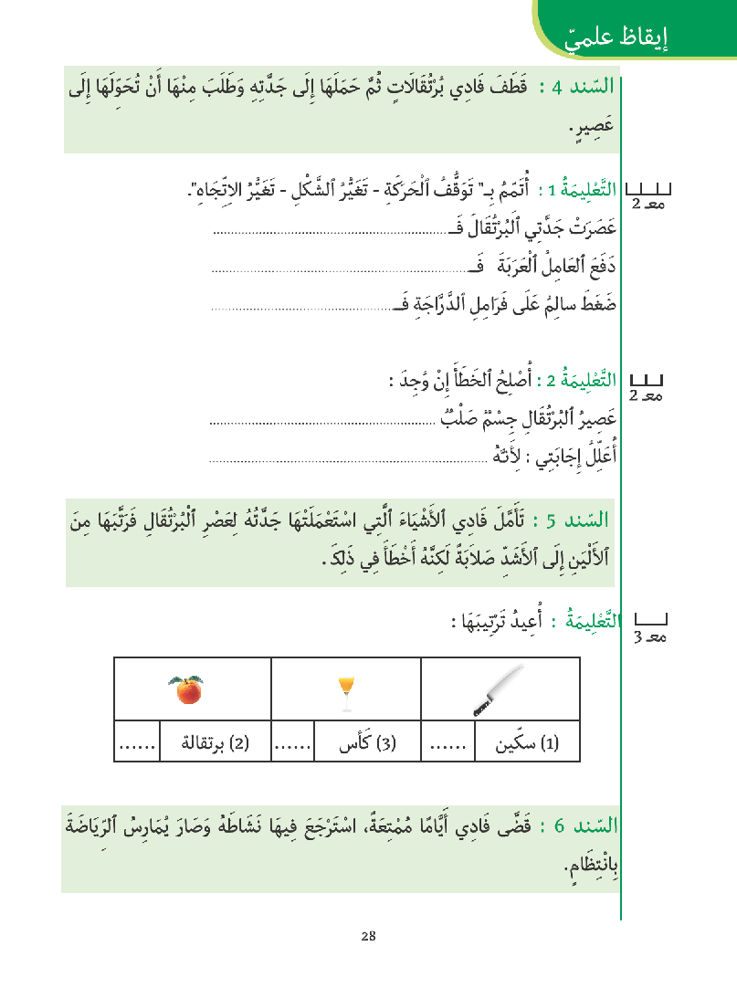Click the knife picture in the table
tap(498, 689)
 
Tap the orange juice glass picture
tap(346, 692)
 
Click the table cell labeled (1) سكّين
tap(525, 744)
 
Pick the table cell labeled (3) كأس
tap(366, 744)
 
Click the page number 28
tap(368, 936)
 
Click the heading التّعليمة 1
tap(581, 191)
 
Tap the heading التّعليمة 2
tap(581, 380)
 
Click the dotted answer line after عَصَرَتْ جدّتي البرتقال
tap(315, 232)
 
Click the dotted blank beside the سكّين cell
tap(447, 744)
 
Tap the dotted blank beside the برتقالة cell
tap(136, 744)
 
